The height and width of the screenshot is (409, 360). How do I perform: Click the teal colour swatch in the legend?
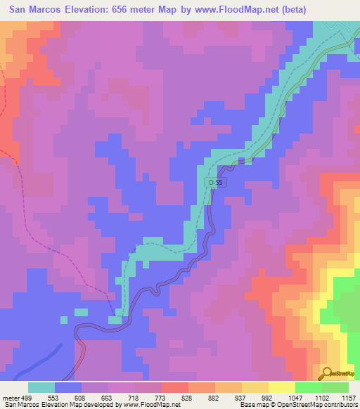[41, 387]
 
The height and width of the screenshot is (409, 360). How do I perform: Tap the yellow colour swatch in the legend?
[281, 387]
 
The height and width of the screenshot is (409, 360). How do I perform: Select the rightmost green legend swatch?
[335, 387]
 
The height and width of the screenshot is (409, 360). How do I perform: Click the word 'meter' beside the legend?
[11, 397]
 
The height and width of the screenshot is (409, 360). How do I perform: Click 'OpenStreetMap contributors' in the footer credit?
[321, 405]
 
